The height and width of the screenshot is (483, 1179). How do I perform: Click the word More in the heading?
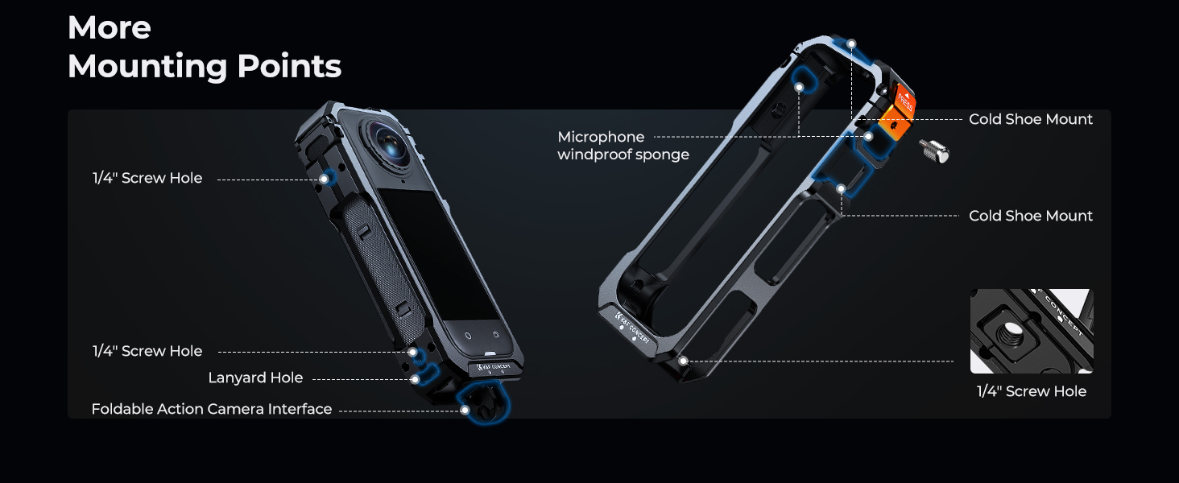(x=110, y=27)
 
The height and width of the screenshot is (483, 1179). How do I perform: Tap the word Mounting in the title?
(x=147, y=67)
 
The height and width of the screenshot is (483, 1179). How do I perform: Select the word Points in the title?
(x=289, y=66)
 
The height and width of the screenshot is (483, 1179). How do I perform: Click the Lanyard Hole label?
(x=255, y=378)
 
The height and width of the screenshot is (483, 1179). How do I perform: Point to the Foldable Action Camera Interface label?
(x=212, y=409)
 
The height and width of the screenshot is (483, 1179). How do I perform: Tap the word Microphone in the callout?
(x=601, y=137)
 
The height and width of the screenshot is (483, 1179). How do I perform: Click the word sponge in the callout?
(x=662, y=155)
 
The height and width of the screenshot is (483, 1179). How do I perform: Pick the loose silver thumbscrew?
(x=935, y=151)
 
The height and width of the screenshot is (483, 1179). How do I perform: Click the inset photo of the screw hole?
(x=1032, y=331)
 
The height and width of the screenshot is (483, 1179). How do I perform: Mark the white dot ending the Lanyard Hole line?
(x=416, y=379)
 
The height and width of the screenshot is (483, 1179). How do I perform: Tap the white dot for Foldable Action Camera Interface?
(x=465, y=410)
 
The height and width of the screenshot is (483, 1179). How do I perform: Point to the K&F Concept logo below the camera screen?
(x=494, y=366)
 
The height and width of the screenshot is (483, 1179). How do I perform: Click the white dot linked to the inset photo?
(x=683, y=361)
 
